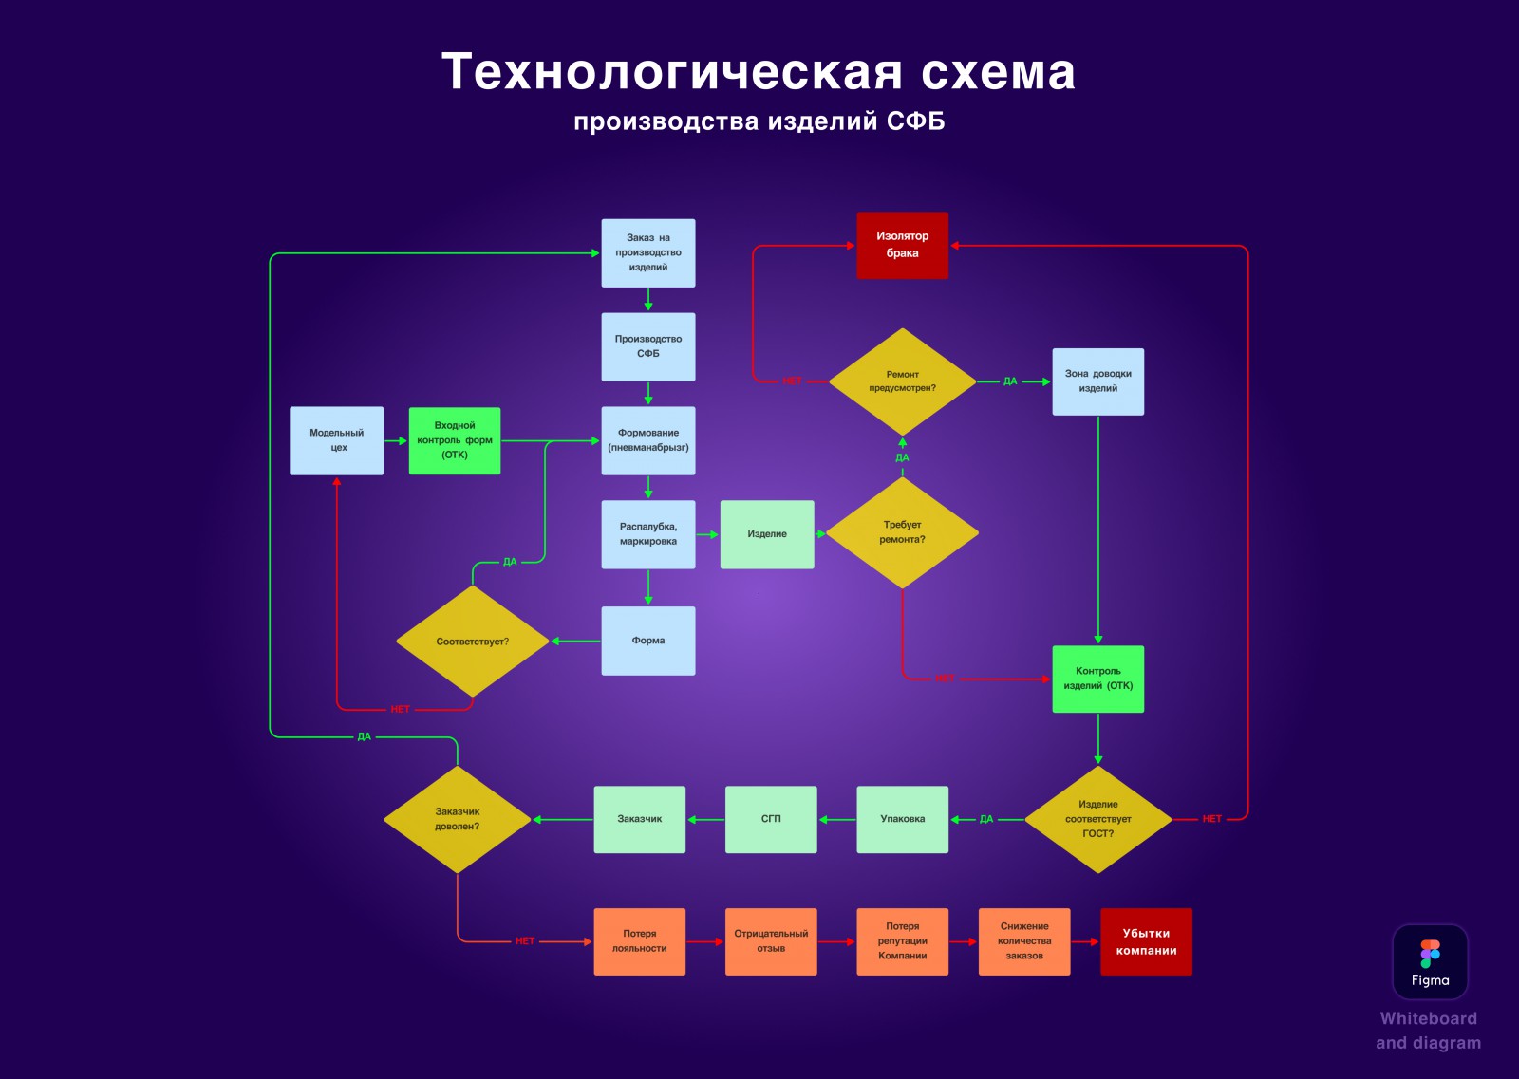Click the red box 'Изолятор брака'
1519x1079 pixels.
click(x=902, y=246)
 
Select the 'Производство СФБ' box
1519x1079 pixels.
click(x=648, y=346)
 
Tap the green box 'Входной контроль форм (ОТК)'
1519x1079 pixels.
click(x=455, y=440)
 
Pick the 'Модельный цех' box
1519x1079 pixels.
click(x=336, y=440)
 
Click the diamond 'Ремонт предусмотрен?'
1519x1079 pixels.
click(x=902, y=381)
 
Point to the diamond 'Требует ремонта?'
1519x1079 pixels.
click(x=902, y=532)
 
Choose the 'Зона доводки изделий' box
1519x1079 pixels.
click(x=1097, y=381)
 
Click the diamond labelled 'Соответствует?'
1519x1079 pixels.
click(x=472, y=642)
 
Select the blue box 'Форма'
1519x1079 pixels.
click(x=648, y=641)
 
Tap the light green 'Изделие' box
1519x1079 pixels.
click(x=767, y=534)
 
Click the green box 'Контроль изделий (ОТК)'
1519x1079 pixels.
click(x=1097, y=679)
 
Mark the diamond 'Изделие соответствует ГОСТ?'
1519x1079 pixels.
click(x=1097, y=819)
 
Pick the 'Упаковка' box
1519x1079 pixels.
click(x=902, y=819)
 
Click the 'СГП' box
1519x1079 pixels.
click(x=771, y=819)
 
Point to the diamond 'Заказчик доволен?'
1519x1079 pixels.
click(x=457, y=819)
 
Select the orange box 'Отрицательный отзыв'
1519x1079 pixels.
click(x=771, y=941)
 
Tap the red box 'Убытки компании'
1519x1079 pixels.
click(x=1146, y=941)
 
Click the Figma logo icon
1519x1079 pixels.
click(x=1430, y=954)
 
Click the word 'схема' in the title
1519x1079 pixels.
click(x=998, y=72)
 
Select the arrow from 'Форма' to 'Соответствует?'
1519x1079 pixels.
click(x=575, y=642)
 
